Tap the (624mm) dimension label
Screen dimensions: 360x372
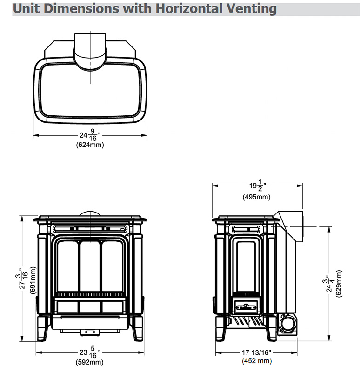pos(90,145)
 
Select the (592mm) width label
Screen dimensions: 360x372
pos(90,362)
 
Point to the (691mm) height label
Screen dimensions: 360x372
pos(33,280)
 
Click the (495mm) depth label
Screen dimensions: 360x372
pos(257,197)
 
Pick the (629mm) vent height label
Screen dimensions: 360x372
pos(339,283)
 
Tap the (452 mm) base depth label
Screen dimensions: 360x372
pos(257,361)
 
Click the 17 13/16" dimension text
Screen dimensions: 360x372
pos(256,352)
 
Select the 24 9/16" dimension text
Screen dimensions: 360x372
pos(90,135)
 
